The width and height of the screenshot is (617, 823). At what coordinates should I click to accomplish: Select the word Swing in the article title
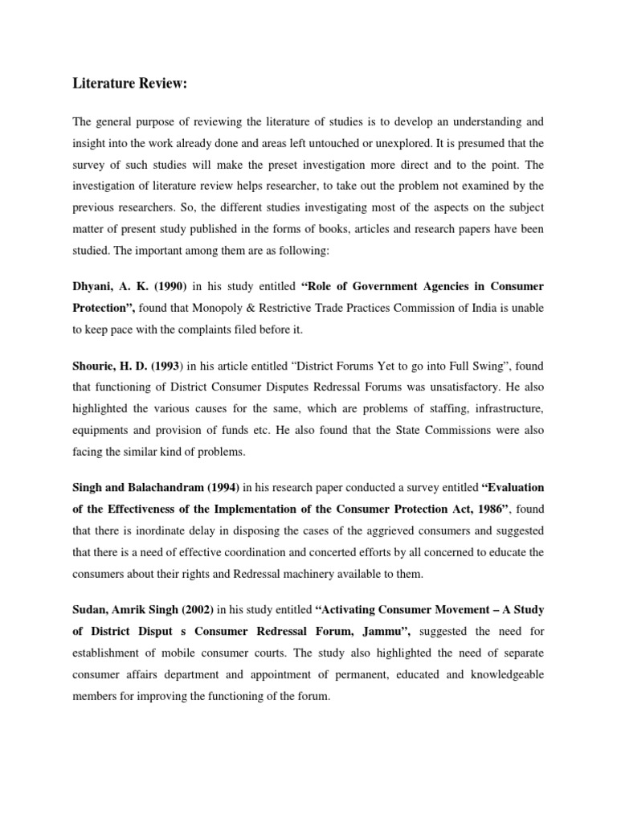coord(397,366)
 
